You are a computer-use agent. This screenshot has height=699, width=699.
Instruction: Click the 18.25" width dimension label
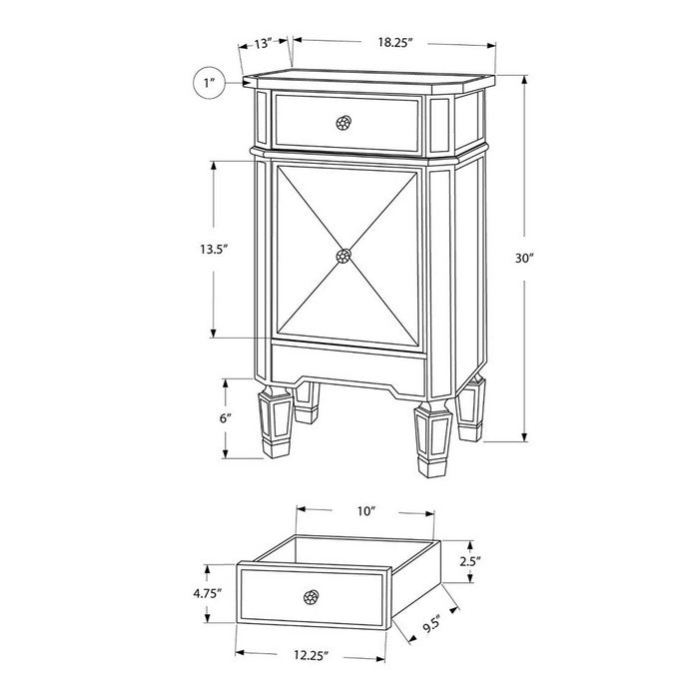395,42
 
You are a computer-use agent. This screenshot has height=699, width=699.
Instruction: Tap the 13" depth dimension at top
263,44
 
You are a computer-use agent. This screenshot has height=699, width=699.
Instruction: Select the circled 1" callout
210,83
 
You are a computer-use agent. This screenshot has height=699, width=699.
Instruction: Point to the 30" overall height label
524,258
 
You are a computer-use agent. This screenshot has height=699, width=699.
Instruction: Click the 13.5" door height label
214,249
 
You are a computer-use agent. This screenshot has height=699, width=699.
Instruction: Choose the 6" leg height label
226,418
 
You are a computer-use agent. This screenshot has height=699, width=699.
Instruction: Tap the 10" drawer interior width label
366,511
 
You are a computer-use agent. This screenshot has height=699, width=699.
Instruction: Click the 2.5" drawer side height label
470,561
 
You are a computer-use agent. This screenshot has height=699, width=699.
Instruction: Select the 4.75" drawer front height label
208,593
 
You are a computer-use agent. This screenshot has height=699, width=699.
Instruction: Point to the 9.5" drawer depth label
431,624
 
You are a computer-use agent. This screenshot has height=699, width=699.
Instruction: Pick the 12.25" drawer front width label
312,655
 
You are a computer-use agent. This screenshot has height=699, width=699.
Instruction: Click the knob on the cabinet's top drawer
344,123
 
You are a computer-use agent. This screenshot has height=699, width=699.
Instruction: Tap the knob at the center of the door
344,256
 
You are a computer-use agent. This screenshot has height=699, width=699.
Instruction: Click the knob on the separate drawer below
312,597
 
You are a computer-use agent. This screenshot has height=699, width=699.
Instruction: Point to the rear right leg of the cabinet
470,407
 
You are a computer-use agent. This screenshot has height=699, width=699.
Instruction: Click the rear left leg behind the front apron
307,402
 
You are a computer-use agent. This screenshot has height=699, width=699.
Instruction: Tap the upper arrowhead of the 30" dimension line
524,80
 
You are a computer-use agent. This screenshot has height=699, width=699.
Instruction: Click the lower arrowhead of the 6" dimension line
226,453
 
